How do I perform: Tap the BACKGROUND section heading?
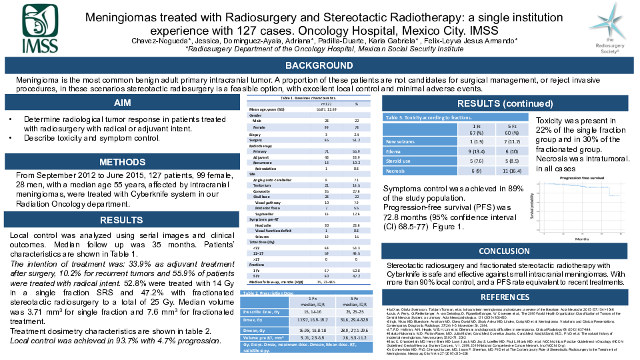point(319,66)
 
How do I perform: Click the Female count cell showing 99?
point(326,127)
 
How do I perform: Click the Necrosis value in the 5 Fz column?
point(494,171)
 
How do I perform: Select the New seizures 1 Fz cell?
point(457,141)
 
